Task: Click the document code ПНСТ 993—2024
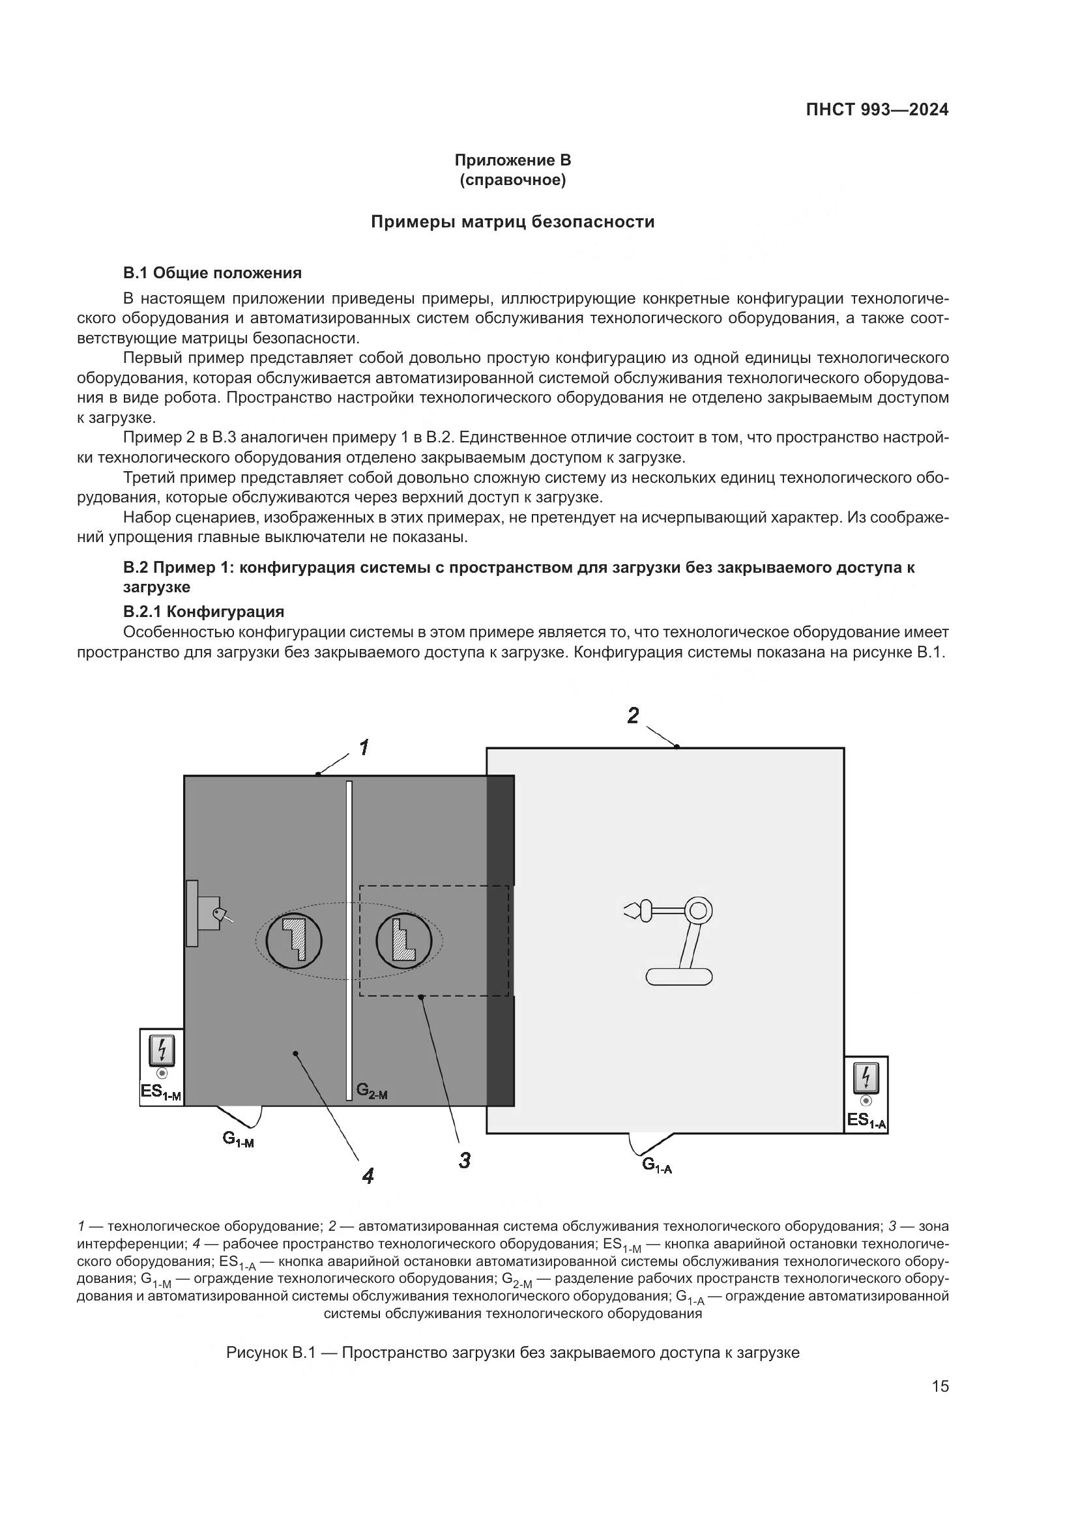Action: tap(877, 110)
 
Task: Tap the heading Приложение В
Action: tap(512, 160)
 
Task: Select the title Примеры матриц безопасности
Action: tap(512, 222)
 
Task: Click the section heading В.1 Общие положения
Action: tap(212, 273)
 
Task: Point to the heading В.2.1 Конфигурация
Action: tap(204, 611)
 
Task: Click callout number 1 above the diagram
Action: tap(364, 748)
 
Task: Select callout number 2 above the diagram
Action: tap(633, 715)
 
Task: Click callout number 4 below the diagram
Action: tap(368, 1176)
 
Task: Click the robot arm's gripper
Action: tap(633, 911)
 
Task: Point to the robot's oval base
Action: tap(678, 977)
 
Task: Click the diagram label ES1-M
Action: tap(160, 1093)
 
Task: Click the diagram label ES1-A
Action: tap(866, 1121)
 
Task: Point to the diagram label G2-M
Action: tap(371, 1091)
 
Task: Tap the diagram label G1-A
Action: tap(656, 1165)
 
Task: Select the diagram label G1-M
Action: tap(238, 1139)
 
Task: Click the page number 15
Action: tap(940, 1387)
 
